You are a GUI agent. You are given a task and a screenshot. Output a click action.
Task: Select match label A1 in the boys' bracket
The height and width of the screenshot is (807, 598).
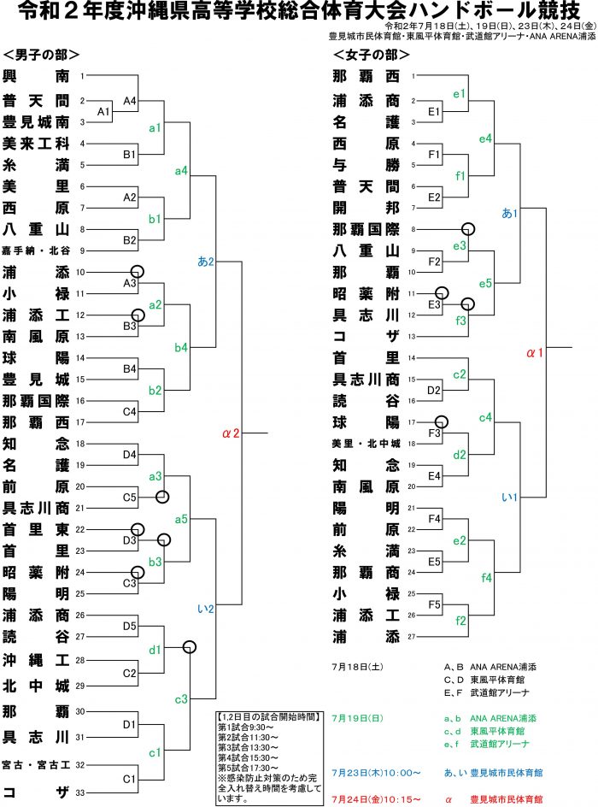click(x=103, y=112)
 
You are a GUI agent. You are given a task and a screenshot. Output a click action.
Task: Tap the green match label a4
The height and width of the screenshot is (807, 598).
click(x=181, y=173)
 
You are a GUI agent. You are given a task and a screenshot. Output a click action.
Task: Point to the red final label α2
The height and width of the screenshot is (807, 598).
click(x=229, y=434)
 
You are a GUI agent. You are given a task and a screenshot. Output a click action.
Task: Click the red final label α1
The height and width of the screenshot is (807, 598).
click(x=535, y=351)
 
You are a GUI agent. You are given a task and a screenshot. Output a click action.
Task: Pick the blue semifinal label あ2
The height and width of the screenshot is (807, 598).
click(x=205, y=261)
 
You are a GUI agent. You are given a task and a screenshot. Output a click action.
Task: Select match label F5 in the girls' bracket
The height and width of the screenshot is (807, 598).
click(x=434, y=604)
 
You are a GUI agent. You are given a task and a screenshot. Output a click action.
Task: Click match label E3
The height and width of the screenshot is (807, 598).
click(x=434, y=303)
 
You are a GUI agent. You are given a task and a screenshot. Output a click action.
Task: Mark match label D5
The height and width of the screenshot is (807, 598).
click(x=130, y=627)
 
